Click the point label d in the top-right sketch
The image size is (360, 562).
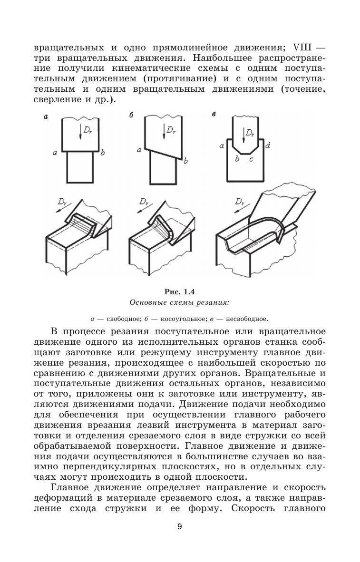[x=268, y=146]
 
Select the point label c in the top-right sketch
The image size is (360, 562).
[x=252, y=159]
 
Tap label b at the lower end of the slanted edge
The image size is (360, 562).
[x=185, y=161]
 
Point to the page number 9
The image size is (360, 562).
[x=179, y=540]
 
